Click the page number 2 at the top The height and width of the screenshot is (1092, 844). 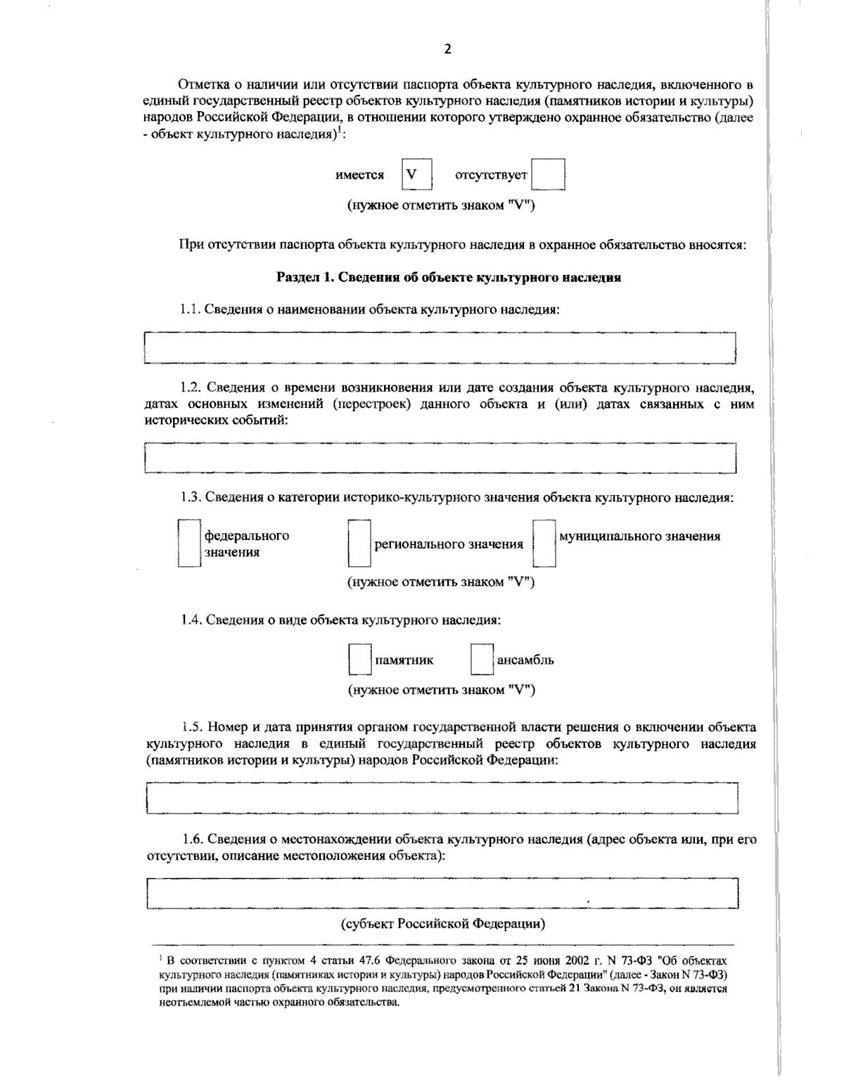(447, 49)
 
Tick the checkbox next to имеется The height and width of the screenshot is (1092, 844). (416, 174)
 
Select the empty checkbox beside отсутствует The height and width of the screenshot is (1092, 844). (548, 175)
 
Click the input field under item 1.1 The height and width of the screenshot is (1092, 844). (440, 347)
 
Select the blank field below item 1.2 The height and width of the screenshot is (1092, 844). (440, 458)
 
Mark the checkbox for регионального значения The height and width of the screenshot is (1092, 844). (359, 544)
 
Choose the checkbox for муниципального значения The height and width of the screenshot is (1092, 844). (544, 543)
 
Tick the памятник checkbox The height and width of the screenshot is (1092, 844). (360, 660)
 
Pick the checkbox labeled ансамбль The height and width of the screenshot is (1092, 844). (482, 660)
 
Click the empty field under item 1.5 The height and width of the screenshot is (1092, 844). (442, 798)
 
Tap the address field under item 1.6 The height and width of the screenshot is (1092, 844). (442, 893)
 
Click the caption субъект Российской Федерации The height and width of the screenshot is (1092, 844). (443, 923)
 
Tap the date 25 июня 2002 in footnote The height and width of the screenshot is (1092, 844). (520, 960)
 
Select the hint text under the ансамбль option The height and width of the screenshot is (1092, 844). (442, 690)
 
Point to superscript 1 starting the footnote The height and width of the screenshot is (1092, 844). (161, 958)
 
